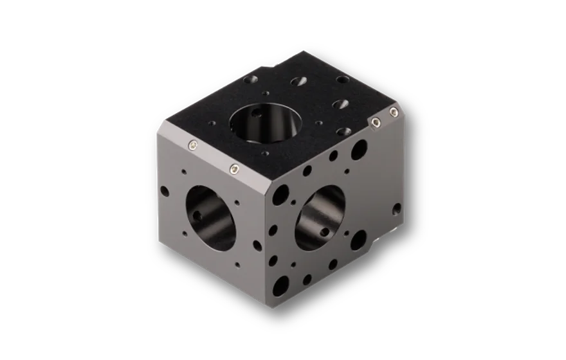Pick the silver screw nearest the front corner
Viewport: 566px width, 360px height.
coord(235,169)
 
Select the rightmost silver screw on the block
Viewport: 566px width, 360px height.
coord(394,114)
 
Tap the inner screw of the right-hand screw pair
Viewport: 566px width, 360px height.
coord(374,123)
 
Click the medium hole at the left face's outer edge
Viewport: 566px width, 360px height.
coord(165,191)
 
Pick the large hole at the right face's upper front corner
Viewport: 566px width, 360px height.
coord(281,192)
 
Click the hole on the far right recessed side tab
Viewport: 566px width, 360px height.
coord(397,209)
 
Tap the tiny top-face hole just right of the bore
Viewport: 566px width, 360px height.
coord(317,122)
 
